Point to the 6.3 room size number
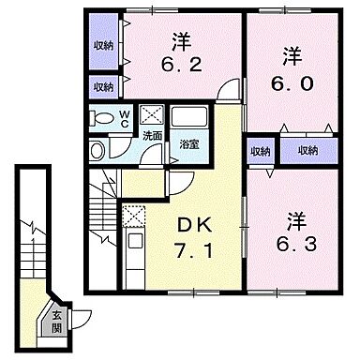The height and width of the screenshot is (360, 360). tap(295, 241)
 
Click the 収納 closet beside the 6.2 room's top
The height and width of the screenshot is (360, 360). tap(104, 45)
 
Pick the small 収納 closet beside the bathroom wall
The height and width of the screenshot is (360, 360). tap(259, 151)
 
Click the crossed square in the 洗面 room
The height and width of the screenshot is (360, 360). tap(151, 115)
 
